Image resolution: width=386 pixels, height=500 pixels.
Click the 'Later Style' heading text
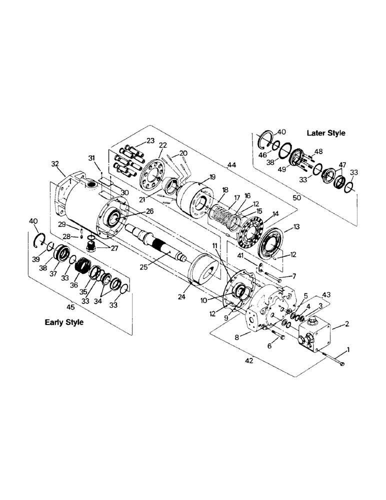325,133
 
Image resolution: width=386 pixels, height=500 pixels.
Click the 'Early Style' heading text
64,322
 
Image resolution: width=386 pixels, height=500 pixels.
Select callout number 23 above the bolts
137,140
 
